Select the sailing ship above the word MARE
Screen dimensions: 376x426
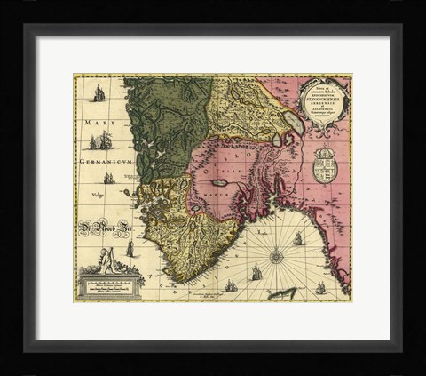(x=99, y=92)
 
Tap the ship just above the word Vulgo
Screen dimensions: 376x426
(x=107, y=177)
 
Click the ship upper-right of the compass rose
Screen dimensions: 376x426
(x=298, y=238)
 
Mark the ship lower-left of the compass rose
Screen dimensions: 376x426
(x=232, y=285)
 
